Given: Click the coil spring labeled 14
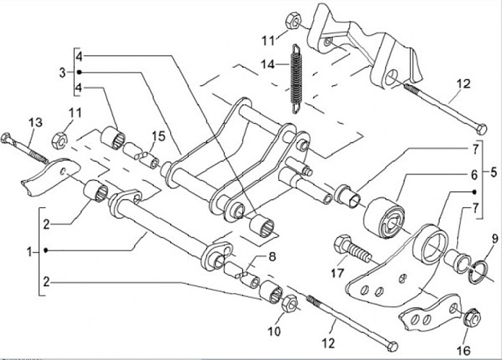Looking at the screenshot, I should tap(296, 77).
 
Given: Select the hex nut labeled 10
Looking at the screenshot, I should tap(291, 302).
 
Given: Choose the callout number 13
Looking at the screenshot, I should tap(35, 123).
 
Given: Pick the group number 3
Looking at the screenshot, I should tap(62, 72).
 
